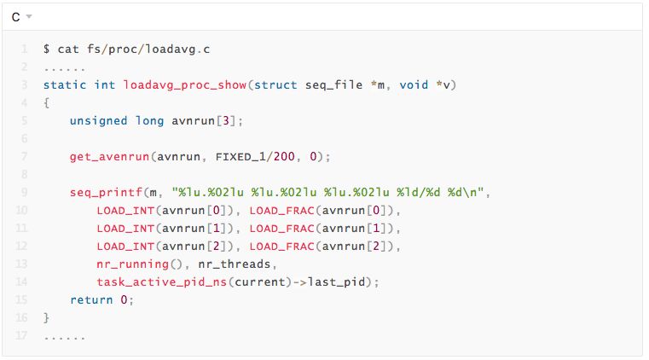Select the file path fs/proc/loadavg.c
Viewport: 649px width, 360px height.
coord(149,49)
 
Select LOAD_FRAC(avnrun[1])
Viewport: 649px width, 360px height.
coord(325,228)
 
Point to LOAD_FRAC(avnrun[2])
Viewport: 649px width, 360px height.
coord(325,246)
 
